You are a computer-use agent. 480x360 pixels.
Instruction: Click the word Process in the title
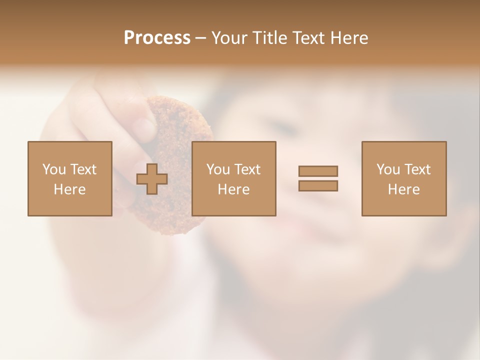coord(157,38)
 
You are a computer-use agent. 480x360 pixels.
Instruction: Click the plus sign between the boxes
coord(152,179)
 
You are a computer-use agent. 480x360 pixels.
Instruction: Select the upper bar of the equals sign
coord(318,171)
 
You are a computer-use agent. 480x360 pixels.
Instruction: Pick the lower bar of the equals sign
coord(318,186)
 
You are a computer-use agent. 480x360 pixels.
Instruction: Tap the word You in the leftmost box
coord(53,169)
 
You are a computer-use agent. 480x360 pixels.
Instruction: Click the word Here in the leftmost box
coord(69,189)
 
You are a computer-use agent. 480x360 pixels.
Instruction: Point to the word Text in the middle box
coord(247,169)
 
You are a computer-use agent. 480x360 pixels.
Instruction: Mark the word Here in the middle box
coord(233,189)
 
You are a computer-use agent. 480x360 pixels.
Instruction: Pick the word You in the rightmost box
coord(388,169)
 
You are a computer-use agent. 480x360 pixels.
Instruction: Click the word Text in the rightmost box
coord(417,169)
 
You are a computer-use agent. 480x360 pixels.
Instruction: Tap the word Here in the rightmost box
coord(404,189)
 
